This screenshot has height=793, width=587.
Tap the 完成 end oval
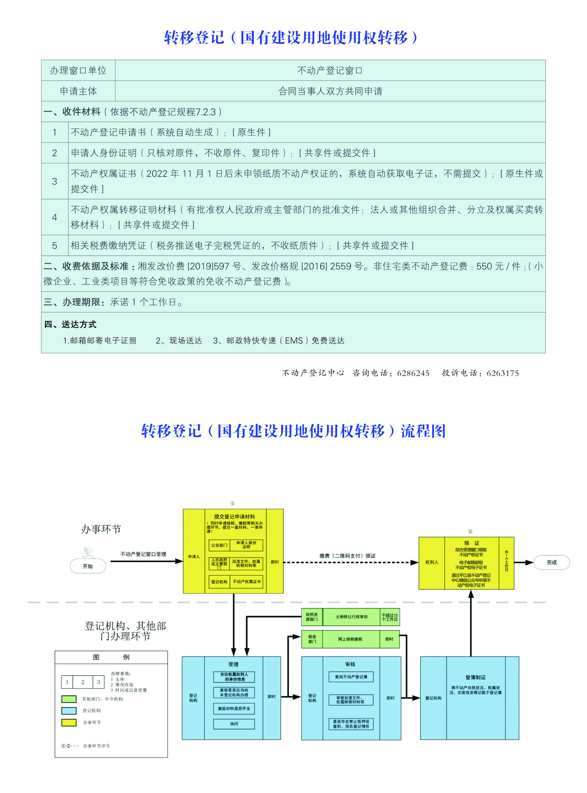tap(551, 562)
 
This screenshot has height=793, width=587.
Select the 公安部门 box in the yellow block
tap(219, 545)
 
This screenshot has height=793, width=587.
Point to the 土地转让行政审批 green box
tap(351, 617)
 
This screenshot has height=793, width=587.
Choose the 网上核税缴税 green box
tap(350, 639)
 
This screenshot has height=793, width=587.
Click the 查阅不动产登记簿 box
tap(351, 677)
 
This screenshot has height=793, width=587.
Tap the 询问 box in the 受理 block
tap(234, 724)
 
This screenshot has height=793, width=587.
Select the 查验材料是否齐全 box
tap(234, 708)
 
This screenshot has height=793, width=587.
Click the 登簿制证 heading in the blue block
tap(476, 677)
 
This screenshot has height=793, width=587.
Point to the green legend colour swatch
tap(69, 699)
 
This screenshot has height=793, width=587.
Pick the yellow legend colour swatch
tap(69, 722)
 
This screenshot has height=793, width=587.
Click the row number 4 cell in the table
tap(55, 217)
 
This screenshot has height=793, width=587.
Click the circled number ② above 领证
tap(470, 531)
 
